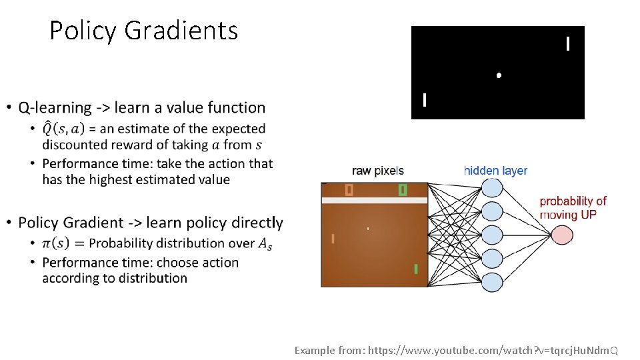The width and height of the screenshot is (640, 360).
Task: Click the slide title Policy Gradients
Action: [143, 31]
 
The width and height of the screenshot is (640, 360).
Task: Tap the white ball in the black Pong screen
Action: [499, 75]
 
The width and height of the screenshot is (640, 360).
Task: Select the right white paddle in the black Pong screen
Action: [567, 44]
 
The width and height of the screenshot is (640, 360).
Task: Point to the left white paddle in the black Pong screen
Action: [425, 100]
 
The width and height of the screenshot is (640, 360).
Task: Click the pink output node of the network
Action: [561, 234]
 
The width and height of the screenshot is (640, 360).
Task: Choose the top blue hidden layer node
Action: [492, 187]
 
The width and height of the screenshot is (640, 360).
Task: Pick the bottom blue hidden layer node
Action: [492, 282]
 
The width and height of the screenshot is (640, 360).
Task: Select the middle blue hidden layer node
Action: [492, 235]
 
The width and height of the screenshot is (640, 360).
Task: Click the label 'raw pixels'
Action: [378, 171]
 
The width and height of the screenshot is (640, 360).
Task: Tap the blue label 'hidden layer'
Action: [495, 171]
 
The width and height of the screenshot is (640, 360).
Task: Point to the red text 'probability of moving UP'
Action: [573, 207]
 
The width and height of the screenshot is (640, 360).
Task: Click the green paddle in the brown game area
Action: [415, 269]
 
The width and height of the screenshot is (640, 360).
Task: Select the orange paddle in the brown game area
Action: [333, 238]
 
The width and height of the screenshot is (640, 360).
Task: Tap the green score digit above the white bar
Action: [402, 190]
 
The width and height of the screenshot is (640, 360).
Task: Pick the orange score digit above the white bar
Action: [349, 190]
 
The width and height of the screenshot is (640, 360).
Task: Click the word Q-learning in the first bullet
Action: [55, 107]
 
